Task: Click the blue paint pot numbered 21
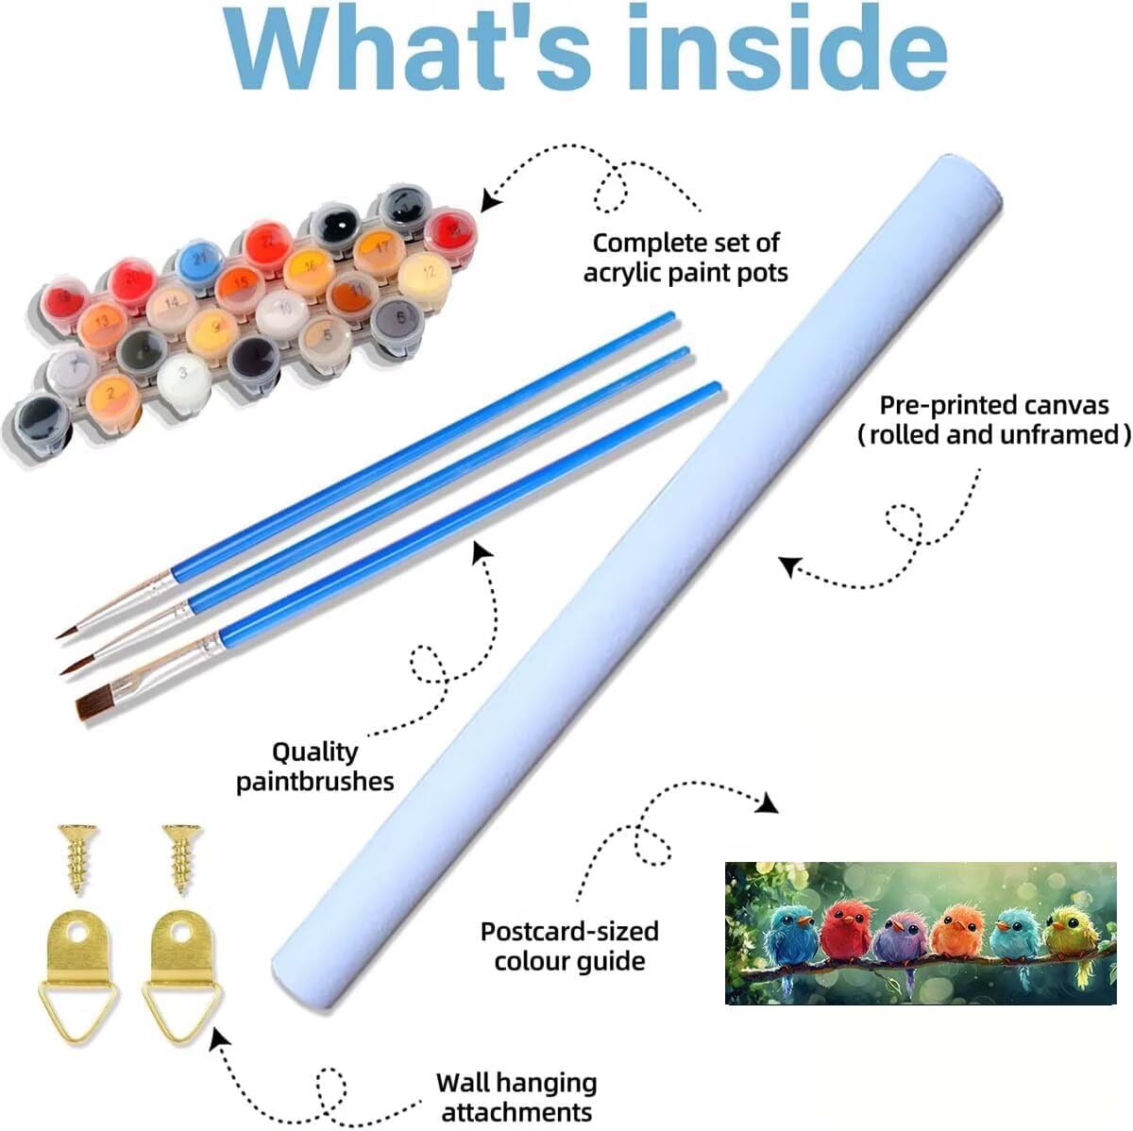200,262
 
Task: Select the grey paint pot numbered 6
397,322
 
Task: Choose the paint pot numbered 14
172,308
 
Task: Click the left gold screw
77,858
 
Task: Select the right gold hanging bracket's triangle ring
181,1009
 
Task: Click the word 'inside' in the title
786,49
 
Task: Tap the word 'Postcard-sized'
569,932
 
